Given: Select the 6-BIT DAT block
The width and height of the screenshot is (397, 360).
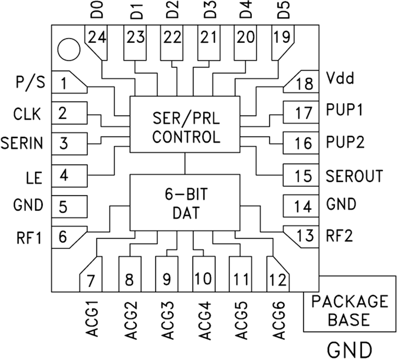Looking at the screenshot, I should point(185,202).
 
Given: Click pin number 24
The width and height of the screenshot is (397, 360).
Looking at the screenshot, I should point(97,38).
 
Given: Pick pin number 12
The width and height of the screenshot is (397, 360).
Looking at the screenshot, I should point(278,279).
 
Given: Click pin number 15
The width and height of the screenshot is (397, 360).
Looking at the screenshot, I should point(304,176).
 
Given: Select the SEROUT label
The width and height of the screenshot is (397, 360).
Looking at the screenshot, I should point(355,176).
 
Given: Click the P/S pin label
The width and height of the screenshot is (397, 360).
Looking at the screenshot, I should point(30,82).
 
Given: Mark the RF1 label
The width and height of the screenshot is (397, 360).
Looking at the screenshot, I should point(30,238).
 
